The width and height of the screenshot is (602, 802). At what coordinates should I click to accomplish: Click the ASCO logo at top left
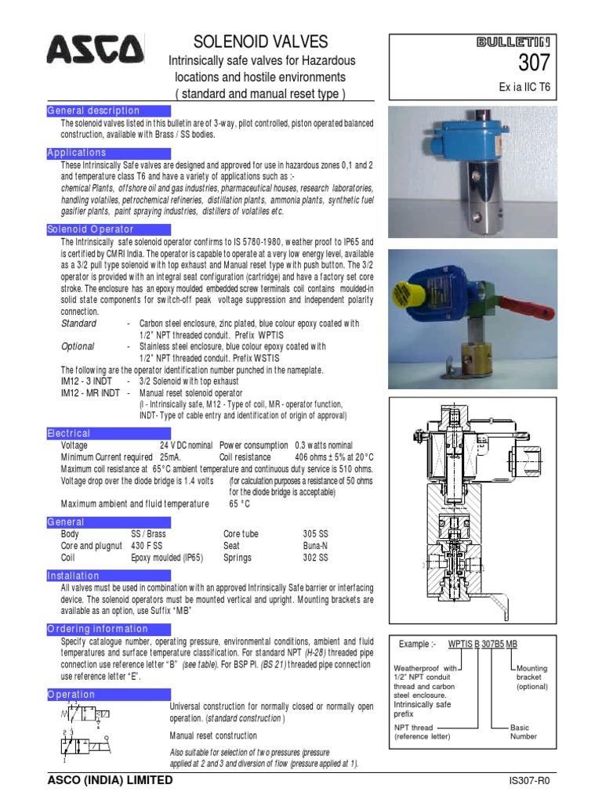[x=95, y=52]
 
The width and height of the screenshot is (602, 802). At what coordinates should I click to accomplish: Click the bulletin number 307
[x=535, y=63]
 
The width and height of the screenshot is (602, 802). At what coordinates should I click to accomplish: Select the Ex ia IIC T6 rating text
[x=527, y=87]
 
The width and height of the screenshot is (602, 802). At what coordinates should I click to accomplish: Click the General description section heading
[x=93, y=110]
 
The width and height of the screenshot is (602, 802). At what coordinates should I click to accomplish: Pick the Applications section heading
[x=77, y=153]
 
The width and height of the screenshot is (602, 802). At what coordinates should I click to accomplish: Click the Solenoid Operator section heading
[x=91, y=229]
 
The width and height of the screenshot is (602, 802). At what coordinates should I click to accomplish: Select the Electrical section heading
[x=69, y=433]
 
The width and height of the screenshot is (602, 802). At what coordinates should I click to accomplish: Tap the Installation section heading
[x=74, y=576]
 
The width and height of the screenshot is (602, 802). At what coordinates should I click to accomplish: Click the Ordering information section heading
[x=98, y=629]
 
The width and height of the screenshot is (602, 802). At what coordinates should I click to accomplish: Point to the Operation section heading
[x=71, y=695]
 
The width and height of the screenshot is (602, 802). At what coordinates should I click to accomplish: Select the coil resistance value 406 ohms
[x=339, y=457]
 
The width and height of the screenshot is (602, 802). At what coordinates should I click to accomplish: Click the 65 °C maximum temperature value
[x=241, y=504]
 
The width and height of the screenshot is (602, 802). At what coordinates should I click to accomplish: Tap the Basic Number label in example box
[x=524, y=732]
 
